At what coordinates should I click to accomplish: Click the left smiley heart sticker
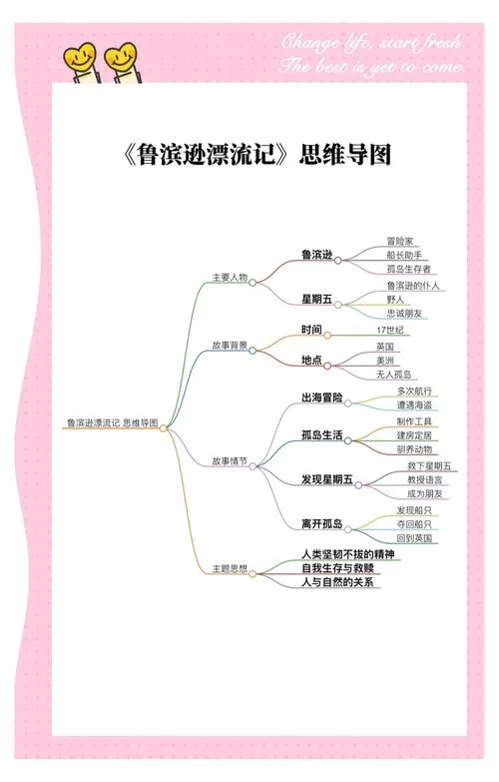tap(80, 61)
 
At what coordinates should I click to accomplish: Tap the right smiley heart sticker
tap(122, 61)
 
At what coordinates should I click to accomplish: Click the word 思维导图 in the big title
tap(345, 154)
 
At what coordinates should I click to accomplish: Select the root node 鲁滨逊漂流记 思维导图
tap(113, 422)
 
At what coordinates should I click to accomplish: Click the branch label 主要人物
tap(230, 278)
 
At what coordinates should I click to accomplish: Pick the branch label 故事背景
tap(230, 346)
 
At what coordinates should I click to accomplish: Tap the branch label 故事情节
tap(230, 461)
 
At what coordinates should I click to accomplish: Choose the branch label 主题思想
tap(230, 568)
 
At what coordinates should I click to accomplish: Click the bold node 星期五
tap(316, 300)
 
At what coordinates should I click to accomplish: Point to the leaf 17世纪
tap(390, 331)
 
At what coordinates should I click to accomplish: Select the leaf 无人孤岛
tap(394, 375)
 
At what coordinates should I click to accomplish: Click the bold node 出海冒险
tap(322, 397)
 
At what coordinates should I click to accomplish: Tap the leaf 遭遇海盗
tap(414, 405)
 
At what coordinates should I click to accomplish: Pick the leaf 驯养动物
tap(414, 449)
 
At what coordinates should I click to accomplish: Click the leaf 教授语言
tap(425, 480)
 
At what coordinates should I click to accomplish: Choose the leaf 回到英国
tap(414, 538)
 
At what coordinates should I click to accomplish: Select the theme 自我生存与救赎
tap(337, 568)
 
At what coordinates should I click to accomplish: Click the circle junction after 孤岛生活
tap(348, 440)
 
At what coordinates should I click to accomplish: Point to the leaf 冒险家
tap(400, 242)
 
